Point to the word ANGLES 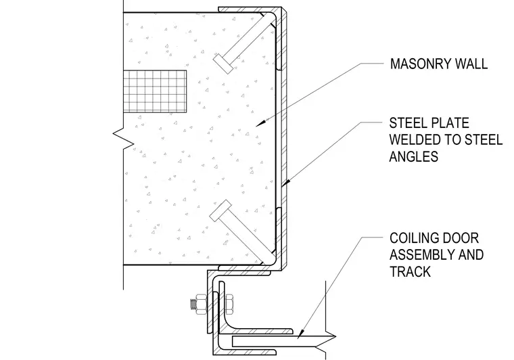click(x=414, y=156)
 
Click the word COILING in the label click(x=414, y=238)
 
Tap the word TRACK click(x=410, y=272)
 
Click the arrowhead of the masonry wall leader click(x=260, y=122)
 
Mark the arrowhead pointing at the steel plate click(x=285, y=183)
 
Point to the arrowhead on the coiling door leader click(x=300, y=334)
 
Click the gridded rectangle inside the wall click(x=155, y=91)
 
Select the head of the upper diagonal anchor click(x=223, y=64)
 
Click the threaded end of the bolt click(x=193, y=305)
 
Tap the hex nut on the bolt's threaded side click(x=201, y=305)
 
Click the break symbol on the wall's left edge click(x=124, y=137)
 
